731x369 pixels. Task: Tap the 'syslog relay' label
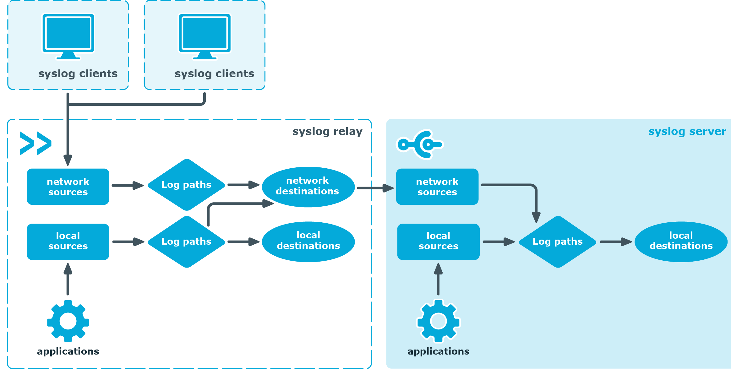[x=327, y=131]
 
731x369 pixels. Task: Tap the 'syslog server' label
[x=687, y=131]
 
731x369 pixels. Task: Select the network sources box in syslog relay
[x=68, y=187]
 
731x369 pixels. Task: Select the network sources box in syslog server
[x=437, y=187]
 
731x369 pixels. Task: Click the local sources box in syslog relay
[x=68, y=241]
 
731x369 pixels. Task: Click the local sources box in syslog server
[x=438, y=241]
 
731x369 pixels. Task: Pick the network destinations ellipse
[x=308, y=187]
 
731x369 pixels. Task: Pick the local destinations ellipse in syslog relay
[x=308, y=241]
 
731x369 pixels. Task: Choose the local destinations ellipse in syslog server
[x=681, y=241]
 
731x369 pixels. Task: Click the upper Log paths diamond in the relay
[x=187, y=185]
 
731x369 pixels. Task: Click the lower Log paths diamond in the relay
[x=187, y=241]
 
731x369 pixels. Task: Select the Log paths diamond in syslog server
[x=558, y=241]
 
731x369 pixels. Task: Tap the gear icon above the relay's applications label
[x=68, y=321]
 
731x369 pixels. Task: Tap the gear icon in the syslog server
[x=438, y=321]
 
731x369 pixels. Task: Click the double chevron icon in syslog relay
[x=35, y=144]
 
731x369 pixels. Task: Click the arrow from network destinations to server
[x=375, y=188]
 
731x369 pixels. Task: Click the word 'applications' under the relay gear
[x=68, y=351]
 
